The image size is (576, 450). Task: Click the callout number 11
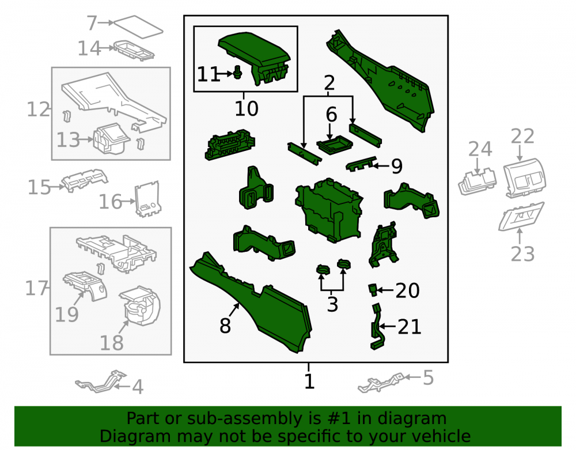209,74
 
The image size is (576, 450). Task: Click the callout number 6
331,115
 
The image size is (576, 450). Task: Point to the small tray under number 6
335,145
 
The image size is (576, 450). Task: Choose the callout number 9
397,166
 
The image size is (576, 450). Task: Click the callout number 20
407,290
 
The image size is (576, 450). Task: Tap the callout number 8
225,326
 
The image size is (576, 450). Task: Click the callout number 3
332,305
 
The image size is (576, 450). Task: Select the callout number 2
329,83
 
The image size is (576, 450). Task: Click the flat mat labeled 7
138,27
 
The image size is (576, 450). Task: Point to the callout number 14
89,48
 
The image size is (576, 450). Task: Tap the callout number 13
68,140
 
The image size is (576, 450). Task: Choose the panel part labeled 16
147,199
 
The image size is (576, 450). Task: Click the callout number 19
66,315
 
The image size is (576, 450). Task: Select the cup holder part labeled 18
139,305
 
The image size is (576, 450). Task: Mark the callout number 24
480,149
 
